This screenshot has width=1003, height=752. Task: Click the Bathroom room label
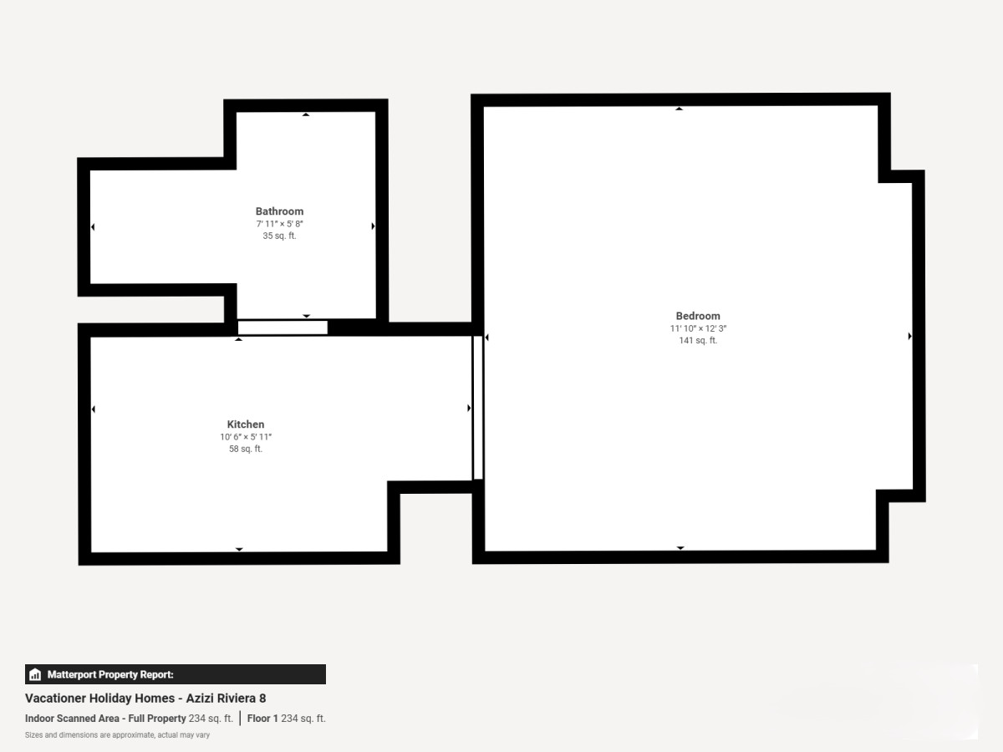pyautogui.click(x=279, y=211)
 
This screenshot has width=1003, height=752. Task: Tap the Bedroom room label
pyautogui.click(x=698, y=316)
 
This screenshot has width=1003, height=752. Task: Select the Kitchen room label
pyautogui.click(x=246, y=424)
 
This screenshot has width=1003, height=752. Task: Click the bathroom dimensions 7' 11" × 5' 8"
pyautogui.click(x=279, y=224)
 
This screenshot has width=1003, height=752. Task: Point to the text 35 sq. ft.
pyautogui.click(x=279, y=236)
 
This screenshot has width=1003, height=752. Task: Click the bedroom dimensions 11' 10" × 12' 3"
pyautogui.click(x=698, y=328)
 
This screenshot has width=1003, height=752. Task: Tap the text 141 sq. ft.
pyautogui.click(x=698, y=340)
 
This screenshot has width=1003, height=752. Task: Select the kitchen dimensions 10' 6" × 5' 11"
pyautogui.click(x=246, y=436)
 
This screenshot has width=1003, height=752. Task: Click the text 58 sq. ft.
pyautogui.click(x=246, y=449)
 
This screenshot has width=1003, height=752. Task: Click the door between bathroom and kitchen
pyautogui.click(x=283, y=328)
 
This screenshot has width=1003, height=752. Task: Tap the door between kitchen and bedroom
pyautogui.click(x=477, y=407)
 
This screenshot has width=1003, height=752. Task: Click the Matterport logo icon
pyautogui.click(x=35, y=674)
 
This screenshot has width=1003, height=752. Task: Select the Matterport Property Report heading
pyautogui.click(x=110, y=674)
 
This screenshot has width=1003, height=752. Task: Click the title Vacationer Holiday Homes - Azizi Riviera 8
pyautogui.click(x=145, y=699)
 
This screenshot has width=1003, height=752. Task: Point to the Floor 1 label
pyautogui.click(x=262, y=719)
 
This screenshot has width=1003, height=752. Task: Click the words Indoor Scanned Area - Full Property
pyautogui.click(x=105, y=719)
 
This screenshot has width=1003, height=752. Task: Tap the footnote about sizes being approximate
pyautogui.click(x=118, y=735)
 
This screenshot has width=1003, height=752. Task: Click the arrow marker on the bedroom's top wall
pyautogui.click(x=679, y=109)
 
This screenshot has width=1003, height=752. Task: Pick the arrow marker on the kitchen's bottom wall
pyautogui.click(x=239, y=549)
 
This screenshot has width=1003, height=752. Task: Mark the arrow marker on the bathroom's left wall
pyautogui.click(x=93, y=227)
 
